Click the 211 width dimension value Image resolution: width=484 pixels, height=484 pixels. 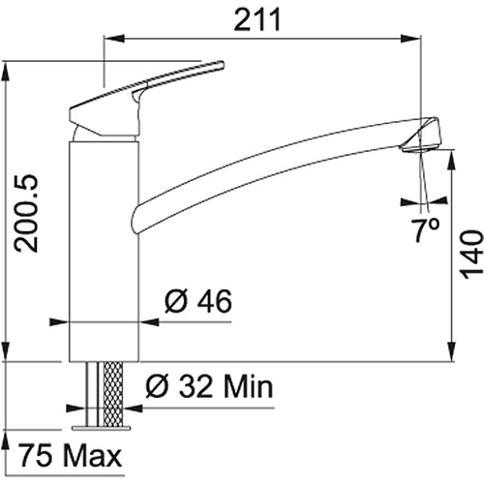257,19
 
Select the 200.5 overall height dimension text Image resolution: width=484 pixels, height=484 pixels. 26,213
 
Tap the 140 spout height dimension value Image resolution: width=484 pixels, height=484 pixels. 471,255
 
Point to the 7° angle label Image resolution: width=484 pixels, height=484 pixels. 426,229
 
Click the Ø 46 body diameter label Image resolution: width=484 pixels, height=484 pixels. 198,301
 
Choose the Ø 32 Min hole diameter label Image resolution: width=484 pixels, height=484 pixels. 209,386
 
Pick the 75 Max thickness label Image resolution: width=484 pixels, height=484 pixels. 70,455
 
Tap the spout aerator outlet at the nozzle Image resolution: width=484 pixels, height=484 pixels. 419,149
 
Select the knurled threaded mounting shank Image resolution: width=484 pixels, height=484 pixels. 112,394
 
